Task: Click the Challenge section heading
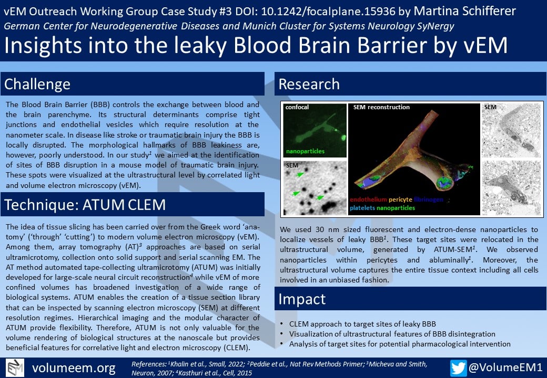(x=37, y=84)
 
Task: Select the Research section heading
(x=309, y=84)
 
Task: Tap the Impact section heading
(x=301, y=299)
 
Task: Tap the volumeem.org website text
(x=73, y=367)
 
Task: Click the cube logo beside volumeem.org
(x=16, y=367)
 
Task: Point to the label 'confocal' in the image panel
(x=297, y=108)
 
